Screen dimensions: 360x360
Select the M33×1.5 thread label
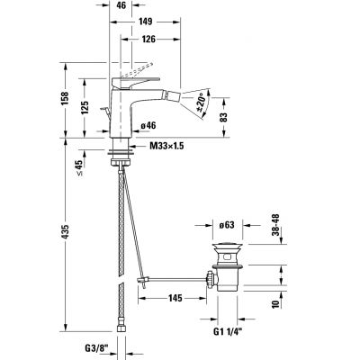coord(157,147)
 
